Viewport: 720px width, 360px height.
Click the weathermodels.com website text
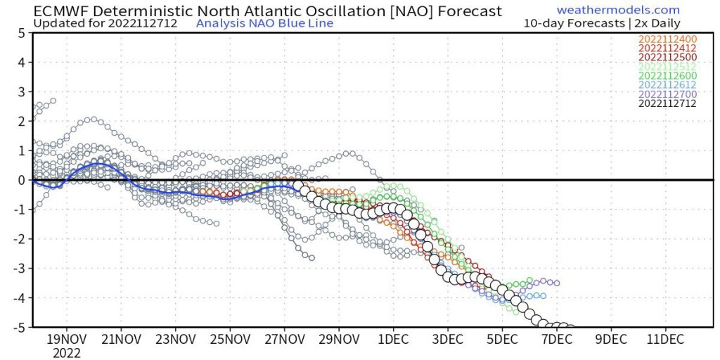(618, 10)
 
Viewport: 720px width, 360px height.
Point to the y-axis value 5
(22, 33)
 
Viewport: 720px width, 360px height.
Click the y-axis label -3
(20, 269)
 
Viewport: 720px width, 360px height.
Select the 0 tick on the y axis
(22, 180)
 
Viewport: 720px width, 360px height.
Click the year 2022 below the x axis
(67, 353)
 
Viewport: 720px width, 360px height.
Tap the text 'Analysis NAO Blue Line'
(264, 23)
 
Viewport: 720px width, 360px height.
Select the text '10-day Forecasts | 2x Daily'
(602, 23)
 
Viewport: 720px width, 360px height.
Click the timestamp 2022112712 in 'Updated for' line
(148, 23)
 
